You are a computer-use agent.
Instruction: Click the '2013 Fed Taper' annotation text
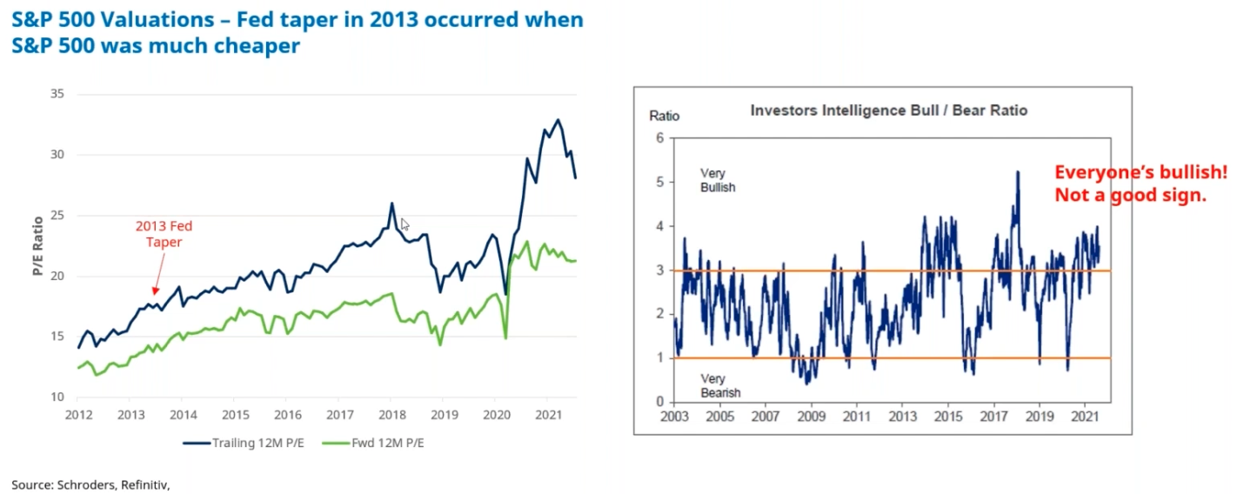(x=164, y=234)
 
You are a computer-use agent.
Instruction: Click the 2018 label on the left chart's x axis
(x=391, y=415)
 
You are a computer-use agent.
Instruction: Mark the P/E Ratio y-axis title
(x=38, y=247)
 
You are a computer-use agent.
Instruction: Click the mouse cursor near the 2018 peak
(x=405, y=224)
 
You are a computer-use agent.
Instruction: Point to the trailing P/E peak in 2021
(x=558, y=120)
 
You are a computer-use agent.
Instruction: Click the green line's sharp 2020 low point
(x=505, y=337)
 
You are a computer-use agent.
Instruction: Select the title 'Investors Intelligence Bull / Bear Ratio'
(x=888, y=110)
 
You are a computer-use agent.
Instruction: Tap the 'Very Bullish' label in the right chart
(x=718, y=180)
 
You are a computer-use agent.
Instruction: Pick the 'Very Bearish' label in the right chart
(x=719, y=385)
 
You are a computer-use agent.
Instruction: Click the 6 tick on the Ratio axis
(x=659, y=137)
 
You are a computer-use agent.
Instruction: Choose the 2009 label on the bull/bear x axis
(x=811, y=417)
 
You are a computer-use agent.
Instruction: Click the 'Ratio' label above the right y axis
(x=664, y=115)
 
